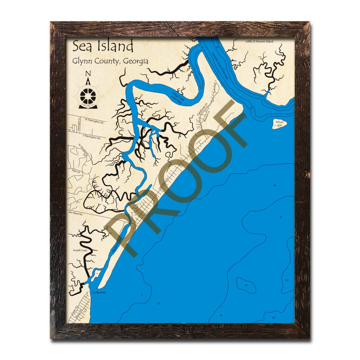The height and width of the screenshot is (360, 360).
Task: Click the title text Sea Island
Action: (103, 46)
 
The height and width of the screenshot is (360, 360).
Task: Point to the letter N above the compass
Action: (88, 74)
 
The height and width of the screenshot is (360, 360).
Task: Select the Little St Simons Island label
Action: (259, 41)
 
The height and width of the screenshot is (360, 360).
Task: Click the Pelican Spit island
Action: (279, 124)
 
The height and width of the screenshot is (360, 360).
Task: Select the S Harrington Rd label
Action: (91, 137)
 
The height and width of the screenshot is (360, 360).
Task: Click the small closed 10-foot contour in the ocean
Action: (246, 285)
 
